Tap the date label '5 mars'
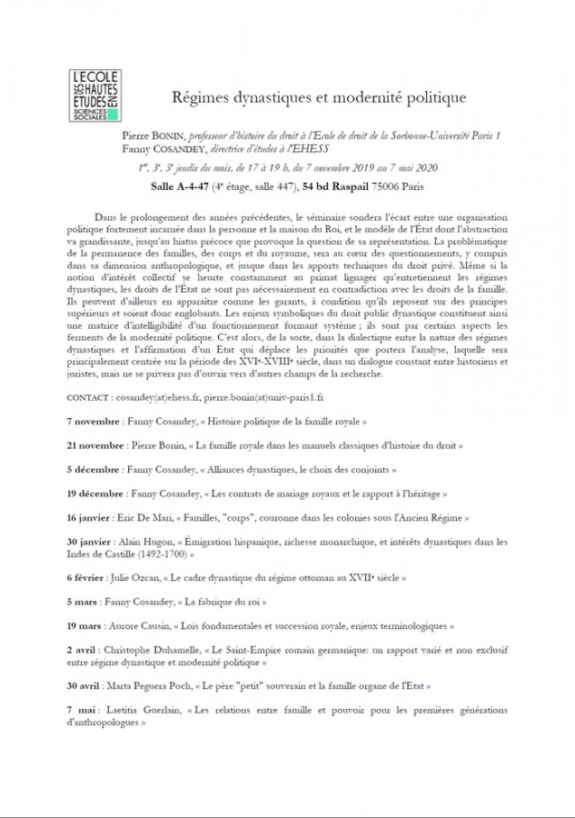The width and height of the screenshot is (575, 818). (86, 601)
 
